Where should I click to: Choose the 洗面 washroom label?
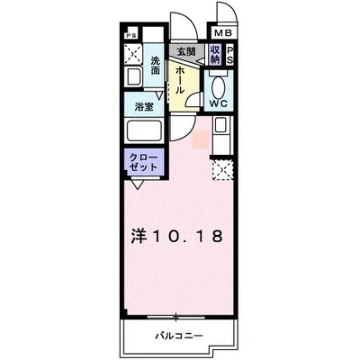(156, 66)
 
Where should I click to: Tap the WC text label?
(219, 103)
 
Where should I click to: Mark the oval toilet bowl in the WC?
(220, 85)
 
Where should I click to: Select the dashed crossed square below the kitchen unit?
(220, 167)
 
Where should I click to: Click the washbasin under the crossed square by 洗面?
(135, 79)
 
